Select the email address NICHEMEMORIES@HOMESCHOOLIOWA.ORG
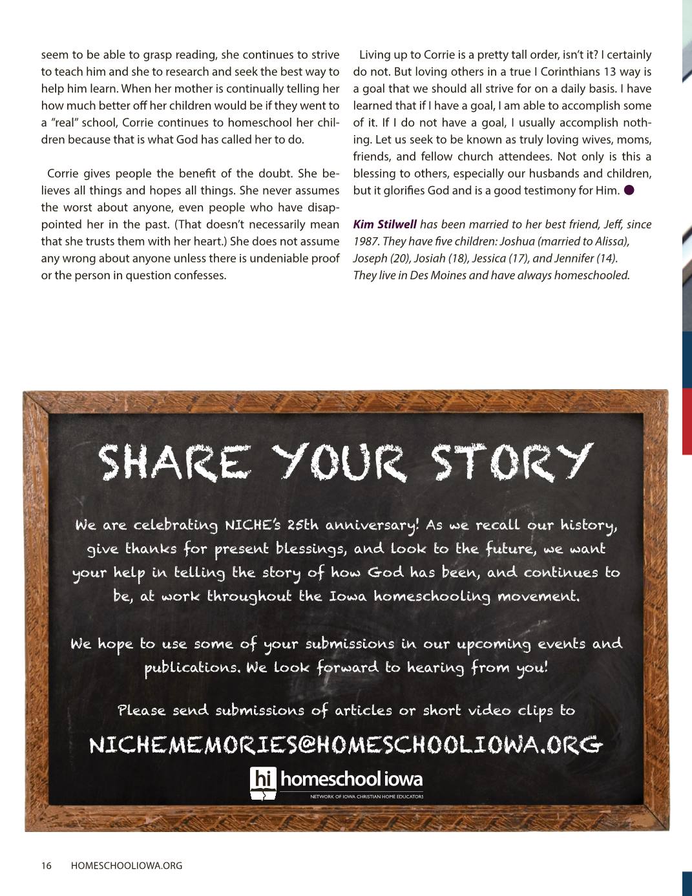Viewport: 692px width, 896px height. (346, 745)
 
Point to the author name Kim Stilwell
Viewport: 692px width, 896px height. (384, 224)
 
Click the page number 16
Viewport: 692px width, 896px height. (47, 866)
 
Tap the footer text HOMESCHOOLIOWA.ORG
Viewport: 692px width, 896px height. (126, 866)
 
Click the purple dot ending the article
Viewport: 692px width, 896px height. (629, 190)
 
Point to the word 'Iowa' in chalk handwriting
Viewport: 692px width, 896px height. (349, 596)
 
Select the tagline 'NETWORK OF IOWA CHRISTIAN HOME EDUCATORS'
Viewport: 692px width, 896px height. (366, 797)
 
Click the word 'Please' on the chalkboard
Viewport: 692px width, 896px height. (141, 710)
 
